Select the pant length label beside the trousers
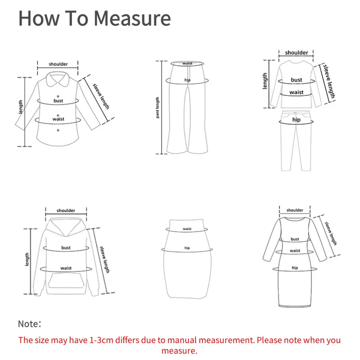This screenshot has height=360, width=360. coord(158,108)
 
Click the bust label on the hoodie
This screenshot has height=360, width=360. coord(66,247)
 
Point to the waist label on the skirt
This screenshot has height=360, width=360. coord(187,229)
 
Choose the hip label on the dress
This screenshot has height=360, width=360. coord(295,268)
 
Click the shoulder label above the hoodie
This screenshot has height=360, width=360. coord(66,211)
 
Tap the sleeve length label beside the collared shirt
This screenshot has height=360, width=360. coord(101,96)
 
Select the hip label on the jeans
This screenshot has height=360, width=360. coord(296,120)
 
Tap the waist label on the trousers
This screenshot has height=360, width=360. coord(188,63)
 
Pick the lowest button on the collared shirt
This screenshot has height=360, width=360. coord(58,130)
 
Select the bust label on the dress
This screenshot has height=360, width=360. coord(295,239)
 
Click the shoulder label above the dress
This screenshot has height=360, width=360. coord(295,210)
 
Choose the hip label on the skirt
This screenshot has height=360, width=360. coord(187,248)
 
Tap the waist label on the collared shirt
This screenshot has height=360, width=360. coord(58,119)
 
